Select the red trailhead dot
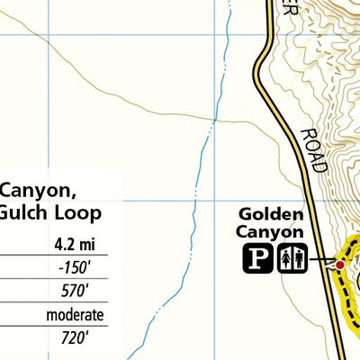coord(340,265)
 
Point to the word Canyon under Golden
coord(271,233)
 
